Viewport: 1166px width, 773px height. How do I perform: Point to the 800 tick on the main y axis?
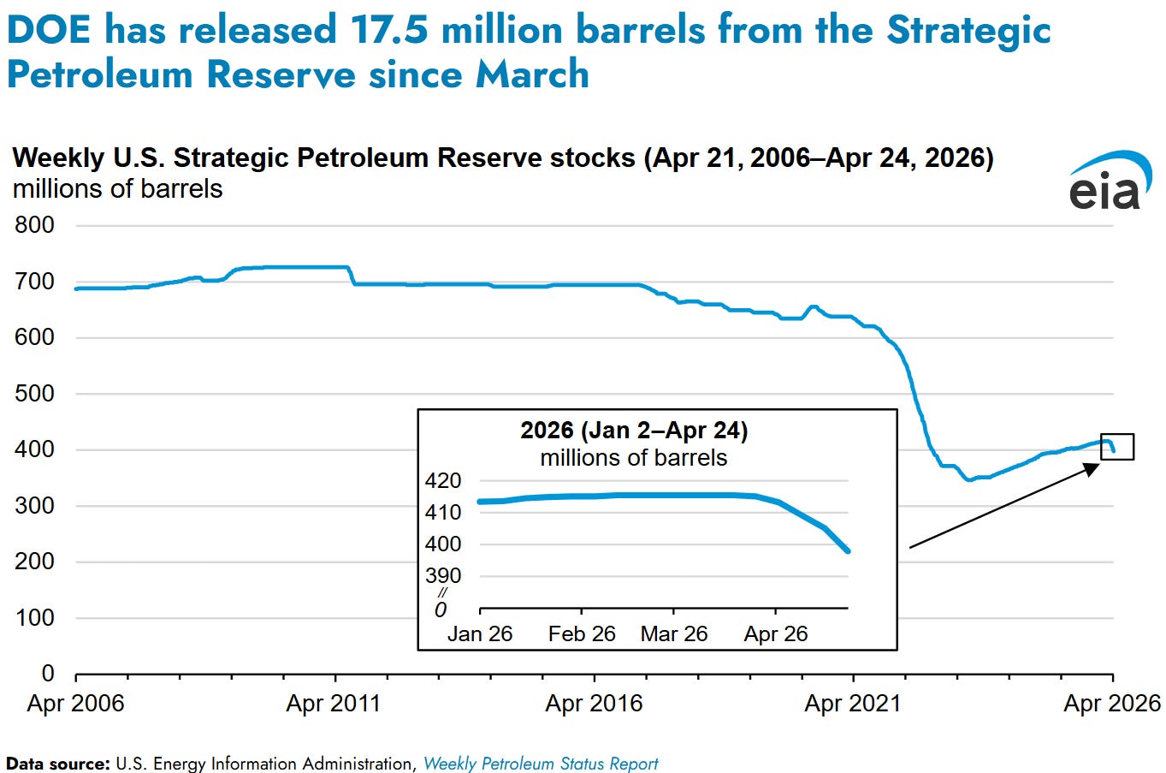point(34,225)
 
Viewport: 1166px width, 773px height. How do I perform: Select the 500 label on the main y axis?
point(34,393)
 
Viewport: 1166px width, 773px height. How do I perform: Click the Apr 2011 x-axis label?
point(334,704)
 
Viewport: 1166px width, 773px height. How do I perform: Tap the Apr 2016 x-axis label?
point(594,704)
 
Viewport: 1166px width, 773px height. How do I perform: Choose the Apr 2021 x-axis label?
point(853,704)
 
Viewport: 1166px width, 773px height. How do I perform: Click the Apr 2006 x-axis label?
point(75,704)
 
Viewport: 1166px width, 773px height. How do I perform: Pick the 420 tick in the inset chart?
point(443,481)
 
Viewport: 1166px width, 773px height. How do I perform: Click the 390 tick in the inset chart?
point(443,575)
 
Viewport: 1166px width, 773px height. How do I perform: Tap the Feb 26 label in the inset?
point(582,634)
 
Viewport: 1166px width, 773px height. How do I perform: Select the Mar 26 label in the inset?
point(674,634)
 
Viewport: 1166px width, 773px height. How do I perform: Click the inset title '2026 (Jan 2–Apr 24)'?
point(634,431)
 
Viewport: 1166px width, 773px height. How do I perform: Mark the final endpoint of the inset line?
point(848,551)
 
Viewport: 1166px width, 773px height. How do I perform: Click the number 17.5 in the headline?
point(389,30)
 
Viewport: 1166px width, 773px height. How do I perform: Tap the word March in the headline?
point(532,74)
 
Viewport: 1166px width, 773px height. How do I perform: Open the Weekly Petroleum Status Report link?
point(541,764)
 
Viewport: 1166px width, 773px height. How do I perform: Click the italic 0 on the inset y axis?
point(441,610)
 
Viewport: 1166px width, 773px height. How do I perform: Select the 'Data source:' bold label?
point(58,764)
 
